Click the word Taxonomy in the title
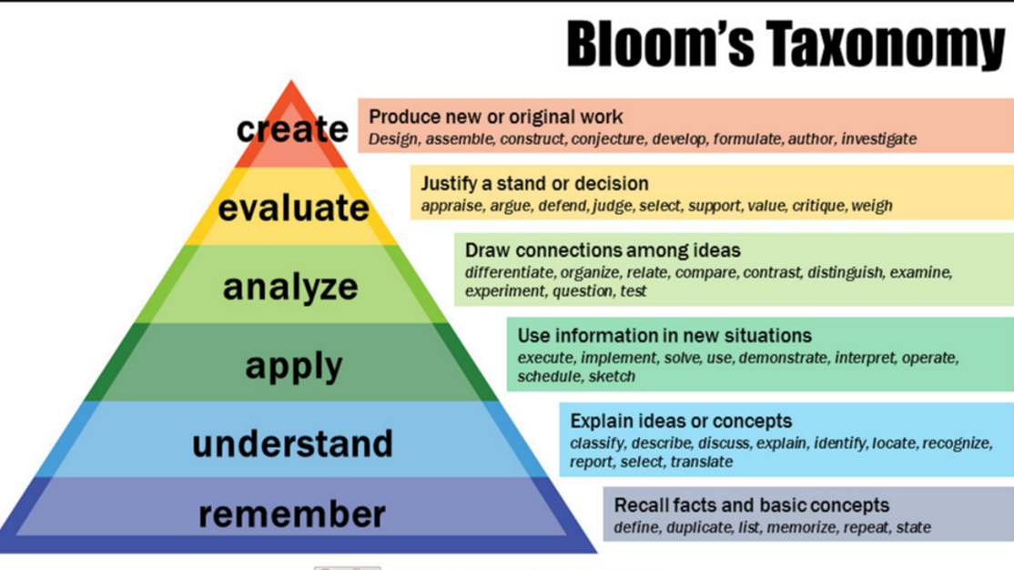pyautogui.click(x=882, y=46)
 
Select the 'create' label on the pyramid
pyautogui.click(x=292, y=129)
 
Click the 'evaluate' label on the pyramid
pyautogui.click(x=293, y=208)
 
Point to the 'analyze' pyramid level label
pyautogui.click(x=291, y=287)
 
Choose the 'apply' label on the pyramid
pyautogui.click(x=294, y=366)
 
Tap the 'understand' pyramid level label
pyautogui.click(x=292, y=443)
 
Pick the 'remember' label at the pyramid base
pyautogui.click(x=292, y=514)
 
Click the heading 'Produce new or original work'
pyautogui.click(x=496, y=117)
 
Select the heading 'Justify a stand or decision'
pyautogui.click(x=534, y=183)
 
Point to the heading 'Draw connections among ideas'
pyautogui.click(x=603, y=249)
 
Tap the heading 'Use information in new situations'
pyautogui.click(x=664, y=336)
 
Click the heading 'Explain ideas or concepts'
pyautogui.click(x=681, y=421)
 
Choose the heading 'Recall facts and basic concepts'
pyautogui.click(x=752, y=504)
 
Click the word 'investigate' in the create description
pyautogui.click(x=878, y=139)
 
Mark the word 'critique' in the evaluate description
pyautogui.click(x=817, y=206)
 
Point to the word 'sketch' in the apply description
pyautogui.click(x=612, y=377)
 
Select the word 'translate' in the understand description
pyautogui.click(x=702, y=462)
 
